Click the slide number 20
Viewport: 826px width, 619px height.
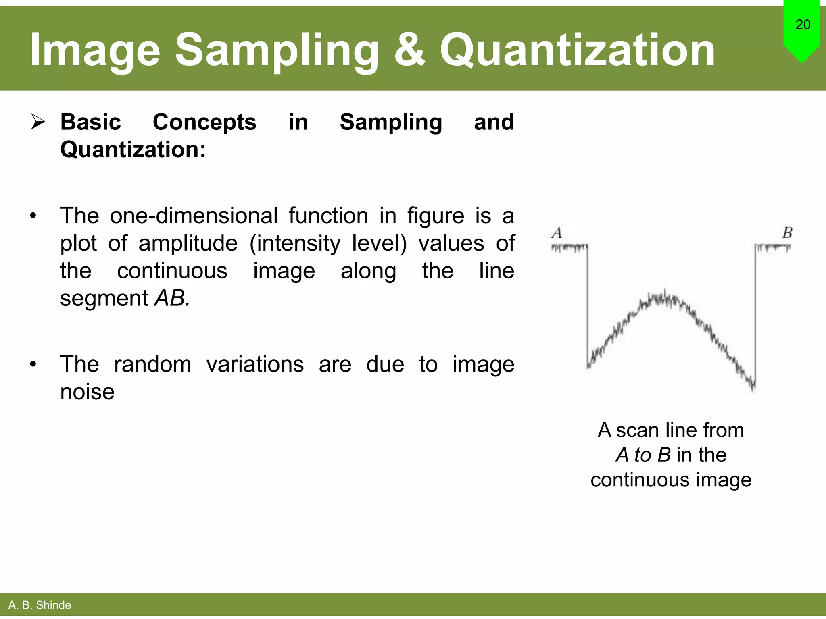pos(803,25)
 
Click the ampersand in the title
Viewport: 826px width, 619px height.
pos(409,50)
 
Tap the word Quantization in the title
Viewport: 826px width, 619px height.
pos(577,50)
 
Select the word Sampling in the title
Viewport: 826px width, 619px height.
pos(277,50)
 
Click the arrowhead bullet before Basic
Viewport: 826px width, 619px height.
pos(38,122)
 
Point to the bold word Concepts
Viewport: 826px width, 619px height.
pos(204,122)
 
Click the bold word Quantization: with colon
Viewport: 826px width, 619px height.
pos(133,150)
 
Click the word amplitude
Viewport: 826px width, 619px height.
pos(188,243)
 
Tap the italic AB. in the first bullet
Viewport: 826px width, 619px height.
pos(172,298)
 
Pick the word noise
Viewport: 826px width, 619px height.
pos(87,392)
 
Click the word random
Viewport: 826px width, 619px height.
pos(152,364)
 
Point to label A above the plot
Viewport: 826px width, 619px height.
pos(557,233)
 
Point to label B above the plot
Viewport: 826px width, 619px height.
pos(787,233)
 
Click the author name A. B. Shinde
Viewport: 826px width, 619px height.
pos(40,605)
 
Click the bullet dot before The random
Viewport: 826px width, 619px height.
pos(33,365)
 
